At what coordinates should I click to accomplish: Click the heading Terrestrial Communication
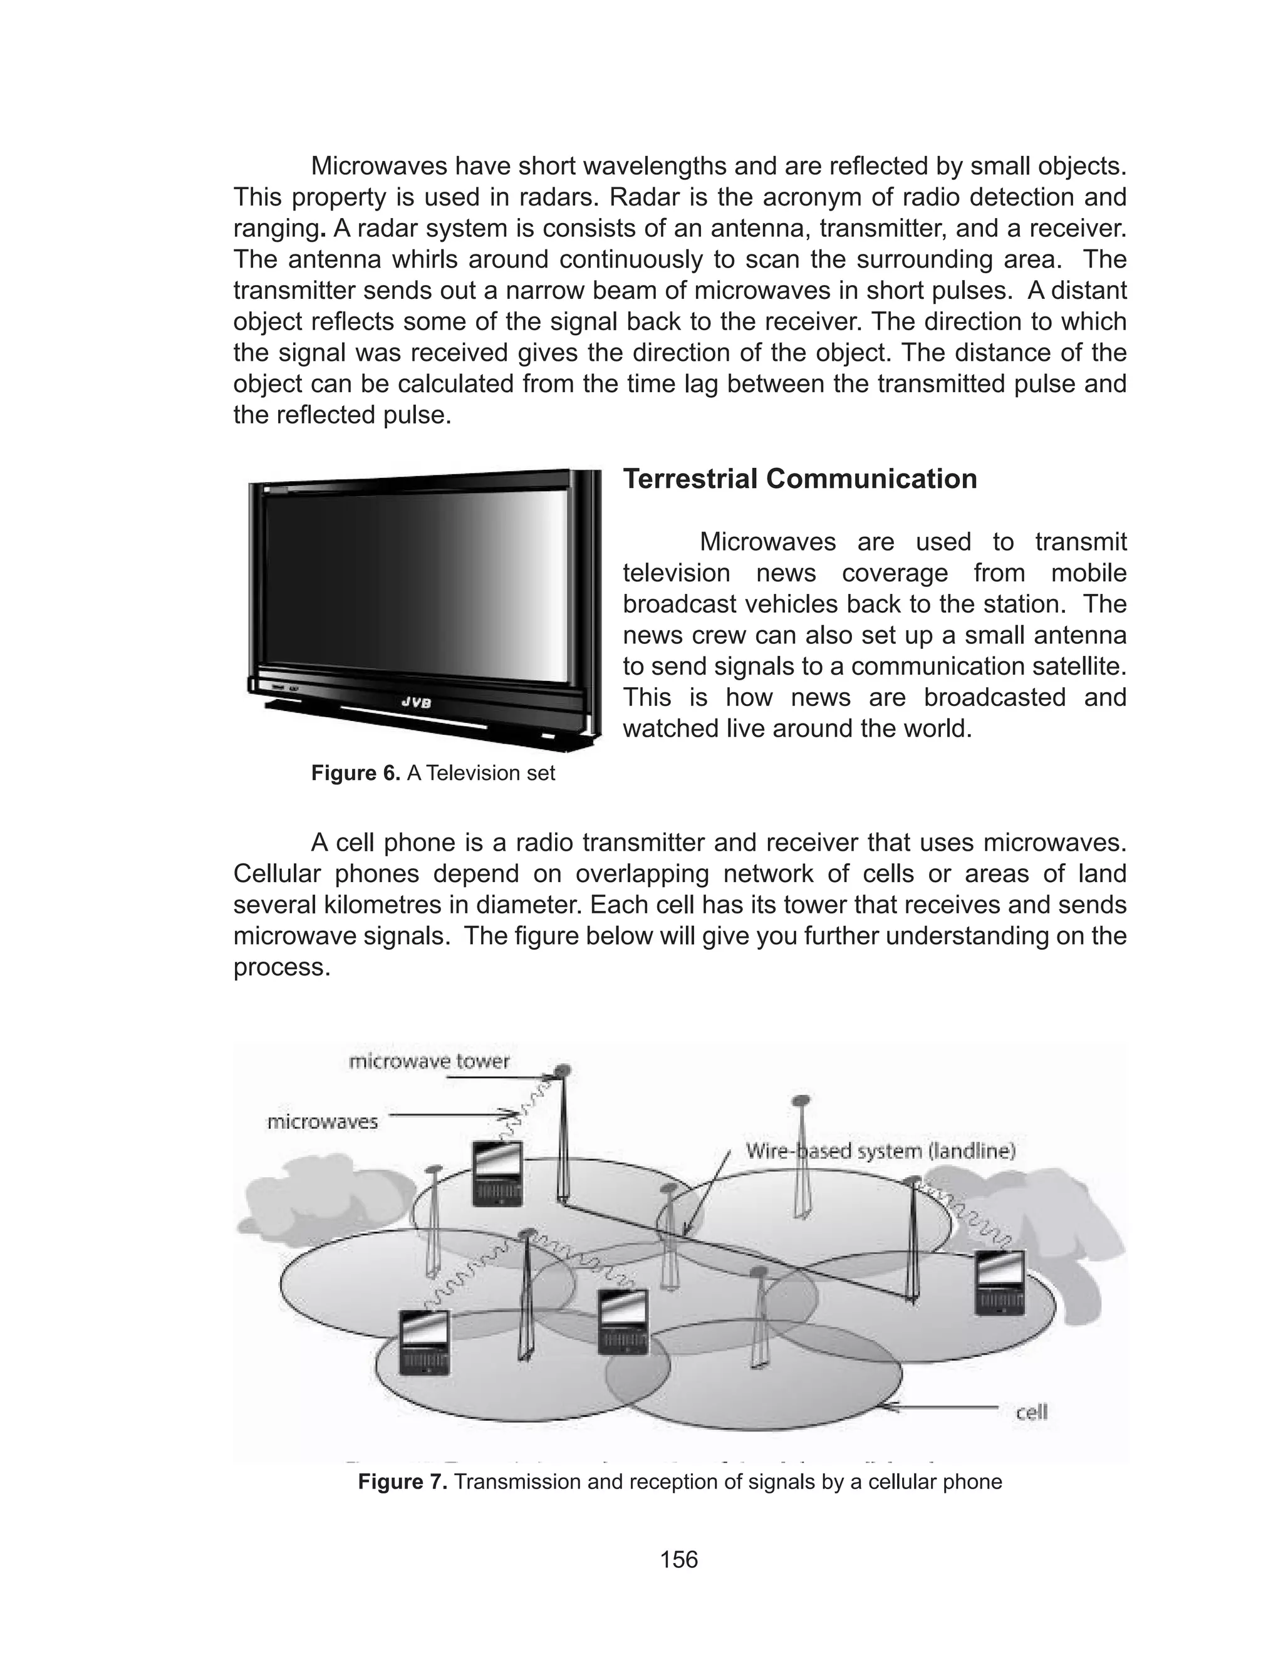coord(799,479)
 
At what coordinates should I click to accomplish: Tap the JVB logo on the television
coord(416,703)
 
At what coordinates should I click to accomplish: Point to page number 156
coord(679,1559)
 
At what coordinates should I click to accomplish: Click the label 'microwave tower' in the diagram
coord(429,1061)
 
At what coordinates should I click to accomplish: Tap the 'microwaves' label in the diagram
coord(321,1121)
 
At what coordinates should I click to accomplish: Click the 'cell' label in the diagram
coord(1031,1413)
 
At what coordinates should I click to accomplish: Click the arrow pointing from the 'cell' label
coord(947,1407)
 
